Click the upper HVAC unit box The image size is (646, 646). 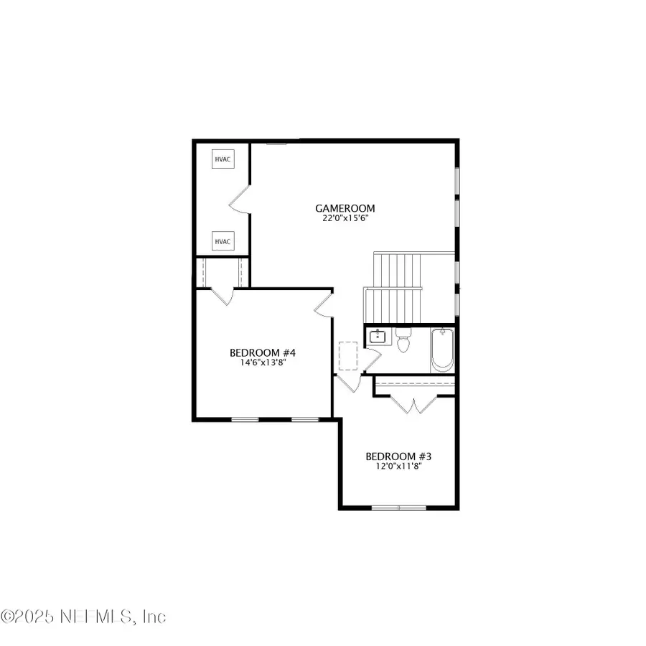click(x=223, y=159)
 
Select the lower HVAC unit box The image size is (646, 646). click(x=223, y=241)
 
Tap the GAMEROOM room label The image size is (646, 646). click(x=345, y=209)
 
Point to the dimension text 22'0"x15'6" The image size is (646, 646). click(x=345, y=219)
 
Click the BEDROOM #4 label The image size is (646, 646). click(x=263, y=352)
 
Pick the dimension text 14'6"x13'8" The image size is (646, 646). click(x=263, y=362)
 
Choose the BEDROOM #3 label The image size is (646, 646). click(x=398, y=457)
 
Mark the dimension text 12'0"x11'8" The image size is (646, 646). click(x=398, y=467)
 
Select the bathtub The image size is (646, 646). click(x=443, y=350)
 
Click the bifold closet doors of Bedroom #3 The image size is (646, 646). click(x=414, y=406)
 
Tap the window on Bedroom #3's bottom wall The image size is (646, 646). click(x=398, y=508)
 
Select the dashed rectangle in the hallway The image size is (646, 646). click(x=349, y=355)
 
